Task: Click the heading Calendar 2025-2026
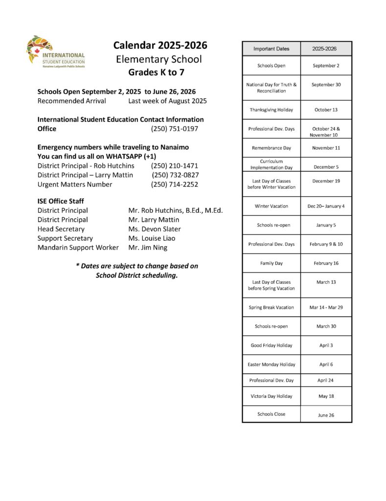click(x=160, y=46)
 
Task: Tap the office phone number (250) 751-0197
click(x=174, y=129)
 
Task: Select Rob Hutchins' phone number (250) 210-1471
click(x=174, y=166)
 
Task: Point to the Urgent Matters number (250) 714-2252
click(x=174, y=184)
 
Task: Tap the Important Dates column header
click(x=271, y=49)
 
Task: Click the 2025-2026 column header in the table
click(x=326, y=49)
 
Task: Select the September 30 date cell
click(x=326, y=85)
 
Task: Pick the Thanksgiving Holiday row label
click(x=271, y=110)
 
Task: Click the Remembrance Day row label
click(x=271, y=148)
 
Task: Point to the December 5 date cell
click(x=326, y=167)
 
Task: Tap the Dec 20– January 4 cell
click(x=326, y=206)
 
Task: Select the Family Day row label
click(x=271, y=263)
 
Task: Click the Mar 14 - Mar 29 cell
click(x=326, y=308)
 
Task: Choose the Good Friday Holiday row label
click(x=271, y=345)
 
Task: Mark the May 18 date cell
click(x=326, y=396)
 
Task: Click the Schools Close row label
click(x=271, y=414)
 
